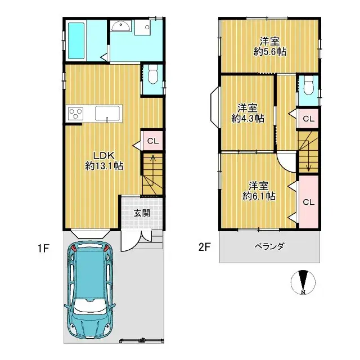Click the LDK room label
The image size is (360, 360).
pos(104,155)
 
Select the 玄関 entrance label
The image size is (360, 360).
pos(142,213)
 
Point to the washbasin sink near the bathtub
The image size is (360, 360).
pos(120,26)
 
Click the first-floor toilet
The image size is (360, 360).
pos(152,75)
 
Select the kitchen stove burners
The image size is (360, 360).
pos(75,114)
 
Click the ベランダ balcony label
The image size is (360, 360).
pos(269,246)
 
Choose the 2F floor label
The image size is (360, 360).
pos(205,246)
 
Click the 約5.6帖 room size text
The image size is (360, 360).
pos(271,51)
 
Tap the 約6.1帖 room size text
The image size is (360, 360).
pos(259,196)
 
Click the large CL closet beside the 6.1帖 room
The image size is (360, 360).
pos(308,201)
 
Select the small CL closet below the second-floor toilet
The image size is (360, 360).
pos(308,119)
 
